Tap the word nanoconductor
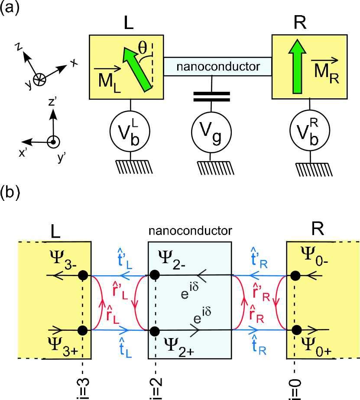pos(218,67)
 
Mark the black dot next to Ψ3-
pos(83,275)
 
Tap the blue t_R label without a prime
pos(259,346)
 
